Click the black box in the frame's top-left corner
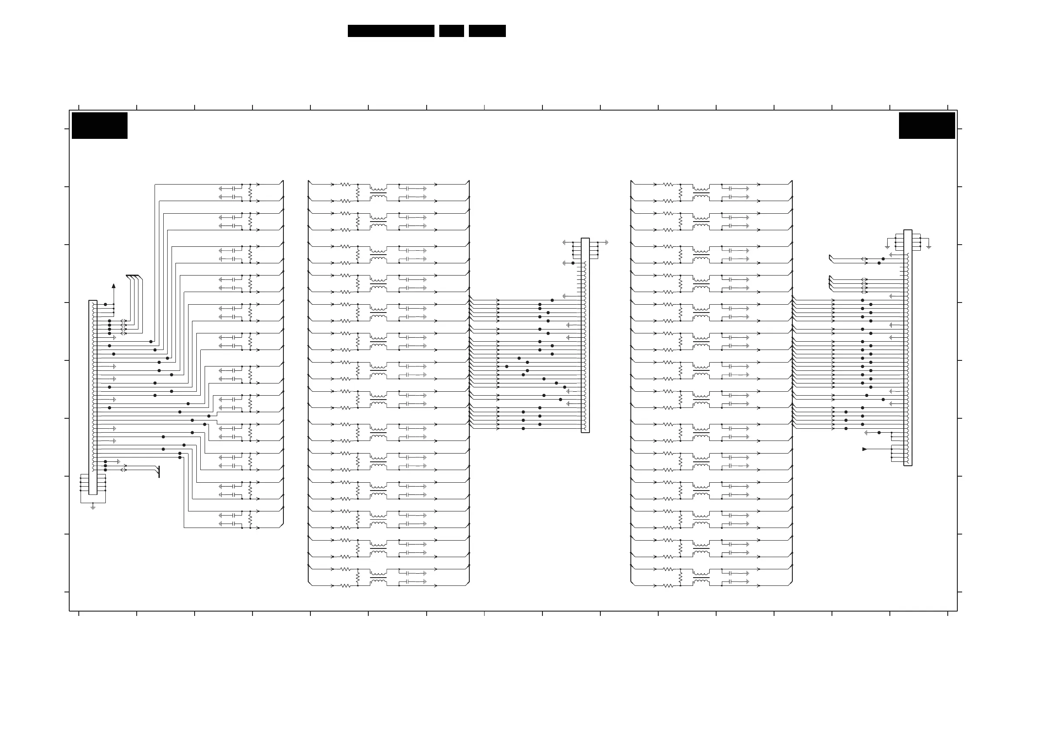coord(99,125)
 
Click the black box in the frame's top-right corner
coord(927,125)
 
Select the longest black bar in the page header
coord(391,31)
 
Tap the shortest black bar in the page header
coord(451,31)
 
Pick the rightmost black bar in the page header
coord(487,31)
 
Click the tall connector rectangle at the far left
coord(93,397)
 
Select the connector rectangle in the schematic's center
coord(585,335)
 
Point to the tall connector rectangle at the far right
coord(907,348)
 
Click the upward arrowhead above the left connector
coord(113,286)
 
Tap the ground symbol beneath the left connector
coord(93,507)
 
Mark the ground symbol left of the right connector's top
coord(887,247)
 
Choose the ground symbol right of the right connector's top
coord(929,247)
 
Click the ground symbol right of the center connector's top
coord(606,242)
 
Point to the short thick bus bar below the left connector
coord(159,472)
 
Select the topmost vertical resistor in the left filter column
coord(250,193)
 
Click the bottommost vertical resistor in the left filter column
coord(250,519)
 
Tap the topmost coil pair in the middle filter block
coord(378,193)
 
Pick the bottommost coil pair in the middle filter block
coord(378,578)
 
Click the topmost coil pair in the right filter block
coord(700,193)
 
